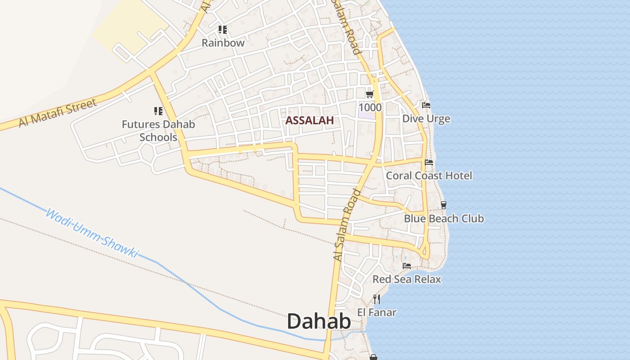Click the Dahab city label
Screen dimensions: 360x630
319,322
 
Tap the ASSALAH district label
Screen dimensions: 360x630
310,120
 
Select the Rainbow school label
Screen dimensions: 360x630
223,43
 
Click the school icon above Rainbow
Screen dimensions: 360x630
222,30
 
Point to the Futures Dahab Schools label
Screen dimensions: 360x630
158,130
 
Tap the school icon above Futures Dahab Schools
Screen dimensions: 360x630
158,111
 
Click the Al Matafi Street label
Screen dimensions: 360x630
58,113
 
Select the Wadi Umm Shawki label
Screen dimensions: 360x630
92,233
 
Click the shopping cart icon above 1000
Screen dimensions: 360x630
370,94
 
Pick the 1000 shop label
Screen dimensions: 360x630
370,107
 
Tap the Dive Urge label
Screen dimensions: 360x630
426,119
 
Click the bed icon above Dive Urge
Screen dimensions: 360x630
426,105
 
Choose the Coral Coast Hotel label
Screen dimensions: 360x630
429,175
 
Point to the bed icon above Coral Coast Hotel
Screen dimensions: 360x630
429,162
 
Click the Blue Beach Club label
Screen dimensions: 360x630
444,219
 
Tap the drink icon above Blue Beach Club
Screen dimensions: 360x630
444,205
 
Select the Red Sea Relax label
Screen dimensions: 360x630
407,279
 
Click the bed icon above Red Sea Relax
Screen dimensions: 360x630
407,266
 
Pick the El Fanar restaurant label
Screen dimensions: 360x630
377,312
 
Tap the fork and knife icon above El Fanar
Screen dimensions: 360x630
377,299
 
